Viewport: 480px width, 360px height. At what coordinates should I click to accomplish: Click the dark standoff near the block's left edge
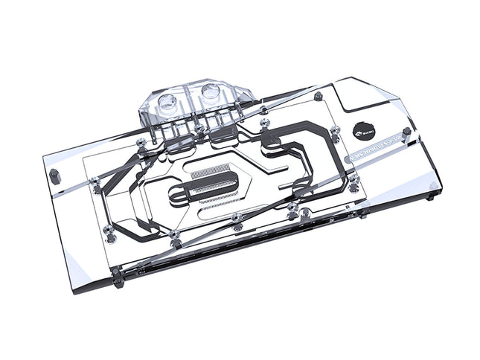click(54, 176)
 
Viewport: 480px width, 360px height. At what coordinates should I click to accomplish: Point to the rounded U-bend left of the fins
click(178, 196)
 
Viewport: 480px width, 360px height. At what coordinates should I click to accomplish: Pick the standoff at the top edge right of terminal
click(319, 97)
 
